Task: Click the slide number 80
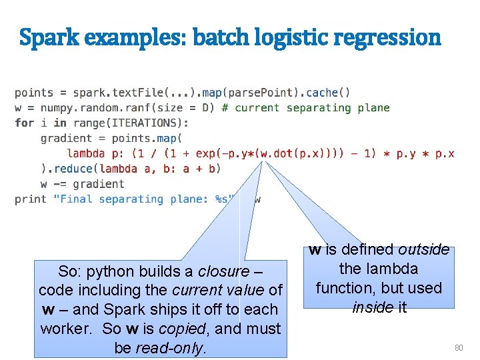(458, 347)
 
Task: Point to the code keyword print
(31, 199)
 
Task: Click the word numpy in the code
(57, 107)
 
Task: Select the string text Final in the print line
(77, 199)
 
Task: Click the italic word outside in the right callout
(424, 250)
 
